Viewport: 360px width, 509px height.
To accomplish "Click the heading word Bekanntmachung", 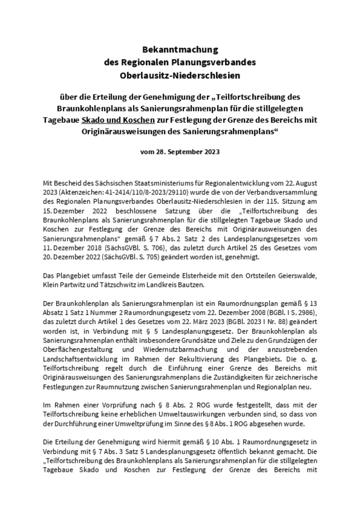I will tap(180, 49).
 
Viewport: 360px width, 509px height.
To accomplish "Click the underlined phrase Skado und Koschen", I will tap(118, 121).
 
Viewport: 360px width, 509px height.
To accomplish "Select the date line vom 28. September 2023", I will tap(180, 152).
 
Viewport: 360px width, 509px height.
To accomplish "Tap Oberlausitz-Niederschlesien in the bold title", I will tap(180, 76).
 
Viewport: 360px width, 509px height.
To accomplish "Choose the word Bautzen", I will tap(191, 284).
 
